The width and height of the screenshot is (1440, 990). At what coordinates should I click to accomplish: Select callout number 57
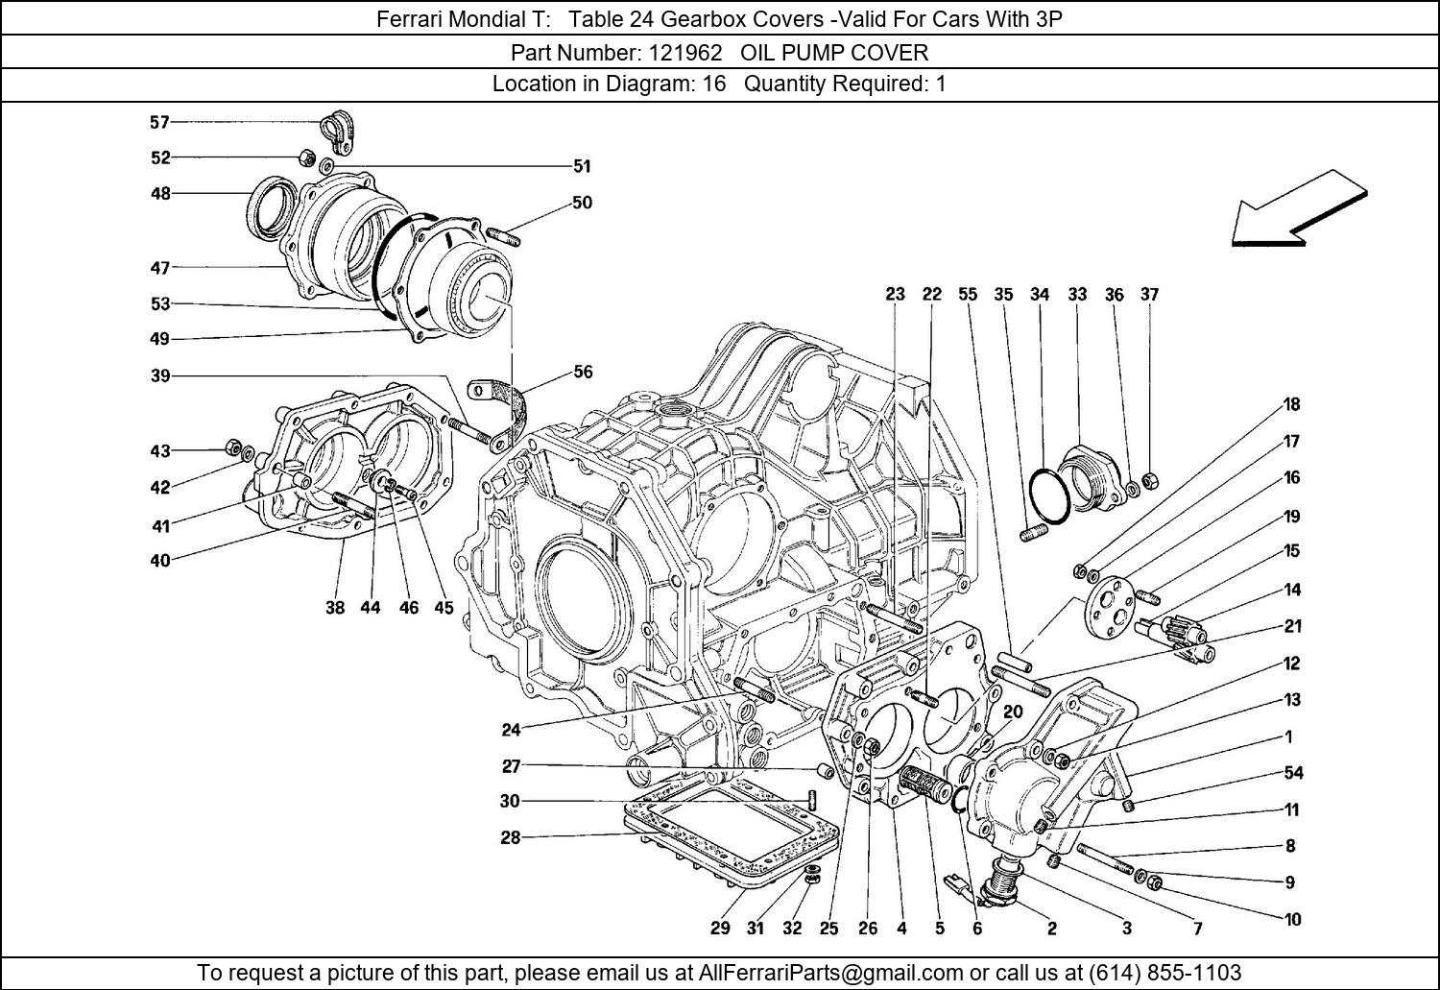pyautogui.click(x=159, y=122)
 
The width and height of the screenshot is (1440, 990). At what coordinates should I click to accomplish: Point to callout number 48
pyautogui.click(x=159, y=193)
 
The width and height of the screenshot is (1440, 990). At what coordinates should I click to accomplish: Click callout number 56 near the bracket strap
pyautogui.click(x=583, y=372)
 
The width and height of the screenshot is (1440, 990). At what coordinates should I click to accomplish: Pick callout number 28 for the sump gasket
pyautogui.click(x=510, y=837)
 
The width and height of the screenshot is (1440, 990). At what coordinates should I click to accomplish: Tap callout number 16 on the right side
pyautogui.click(x=1292, y=477)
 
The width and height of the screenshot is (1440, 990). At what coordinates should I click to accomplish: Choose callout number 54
pyautogui.click(x=1293, y=773)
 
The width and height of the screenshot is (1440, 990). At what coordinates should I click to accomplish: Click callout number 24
pyautogui.click(x=511, y=730)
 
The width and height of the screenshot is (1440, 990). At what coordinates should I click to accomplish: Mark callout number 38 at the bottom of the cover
pyautogui.click(x=334, y=607)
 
